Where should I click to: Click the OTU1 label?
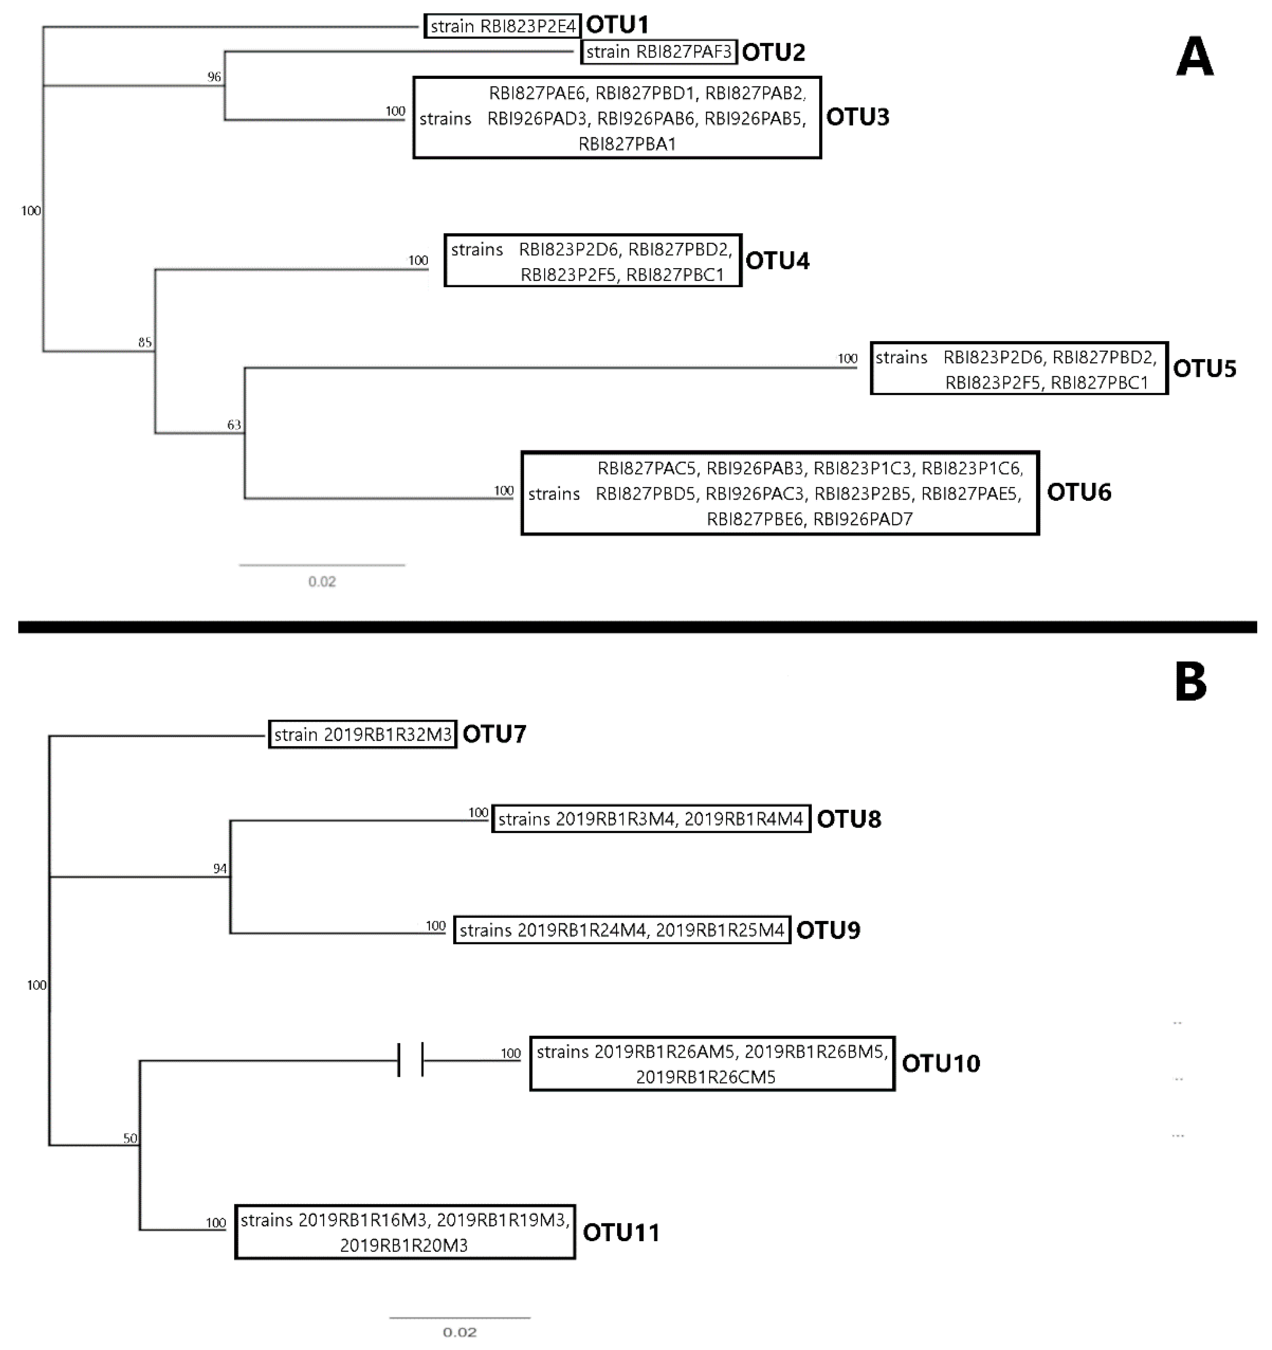617,25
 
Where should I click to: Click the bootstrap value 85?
145,342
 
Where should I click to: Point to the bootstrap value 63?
234,425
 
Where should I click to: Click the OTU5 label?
1204,369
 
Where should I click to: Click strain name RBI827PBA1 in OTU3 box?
627,144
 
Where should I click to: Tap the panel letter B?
1190,682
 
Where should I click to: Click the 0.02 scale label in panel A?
322,581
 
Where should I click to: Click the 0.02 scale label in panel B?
460,1333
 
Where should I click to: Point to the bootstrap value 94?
219,869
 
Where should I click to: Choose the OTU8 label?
848,819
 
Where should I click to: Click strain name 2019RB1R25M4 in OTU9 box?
720,930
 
